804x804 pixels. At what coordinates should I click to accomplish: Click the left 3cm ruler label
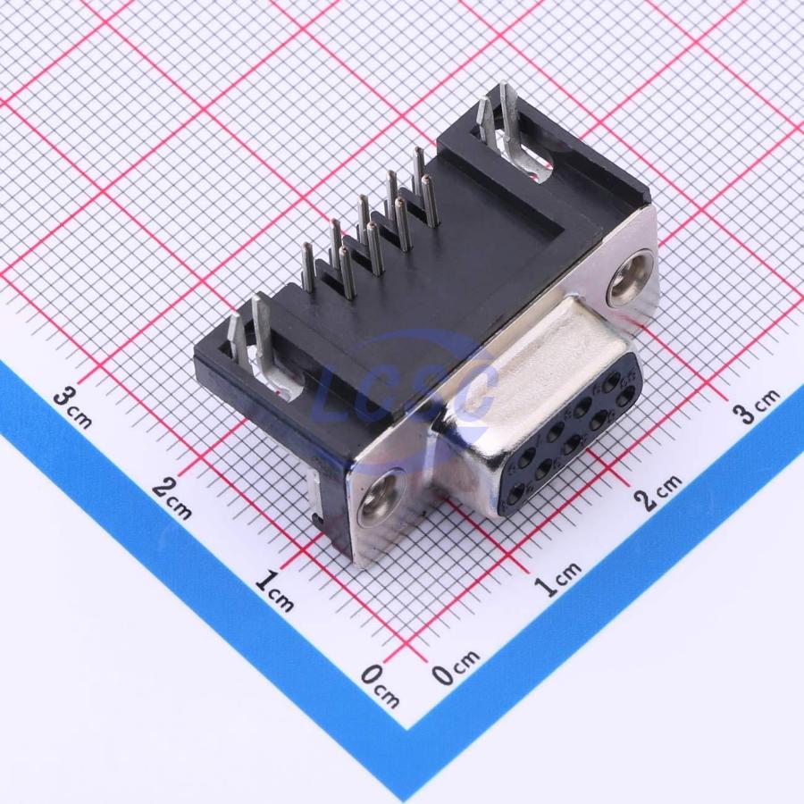[73, 407]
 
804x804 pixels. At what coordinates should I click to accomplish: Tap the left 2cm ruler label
[172, 498]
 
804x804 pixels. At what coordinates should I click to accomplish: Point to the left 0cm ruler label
[380, 685]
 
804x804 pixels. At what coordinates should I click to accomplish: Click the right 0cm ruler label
[456, 666]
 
